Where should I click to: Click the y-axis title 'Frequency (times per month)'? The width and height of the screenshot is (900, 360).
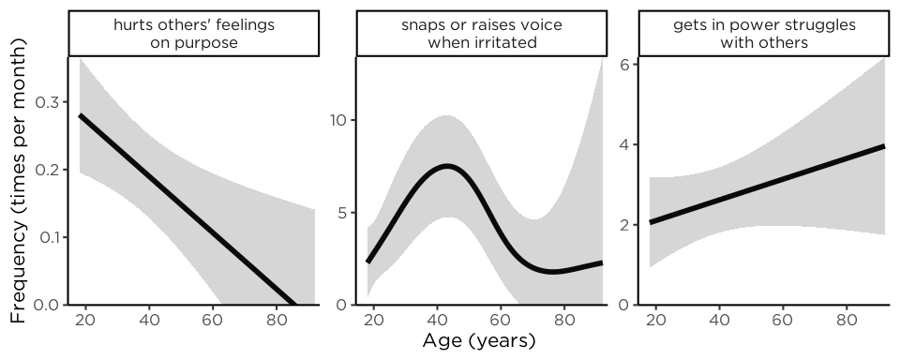18,181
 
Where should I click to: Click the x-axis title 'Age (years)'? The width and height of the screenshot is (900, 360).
479,341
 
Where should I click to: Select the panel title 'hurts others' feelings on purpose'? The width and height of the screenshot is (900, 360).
194,34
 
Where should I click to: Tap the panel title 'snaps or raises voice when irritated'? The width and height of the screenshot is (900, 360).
482,34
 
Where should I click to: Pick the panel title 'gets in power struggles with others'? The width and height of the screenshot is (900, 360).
764,34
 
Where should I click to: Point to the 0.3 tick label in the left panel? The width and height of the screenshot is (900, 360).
48,102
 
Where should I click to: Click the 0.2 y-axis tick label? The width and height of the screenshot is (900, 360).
48,170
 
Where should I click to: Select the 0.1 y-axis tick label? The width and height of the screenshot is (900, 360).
49,237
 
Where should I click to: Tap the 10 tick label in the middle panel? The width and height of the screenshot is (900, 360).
339,120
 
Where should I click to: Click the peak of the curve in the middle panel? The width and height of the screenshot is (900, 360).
446,166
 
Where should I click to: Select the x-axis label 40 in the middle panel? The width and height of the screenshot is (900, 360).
438,320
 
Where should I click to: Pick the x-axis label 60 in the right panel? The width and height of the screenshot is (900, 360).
783,320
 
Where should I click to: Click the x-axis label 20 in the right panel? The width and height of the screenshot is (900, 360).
656,320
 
